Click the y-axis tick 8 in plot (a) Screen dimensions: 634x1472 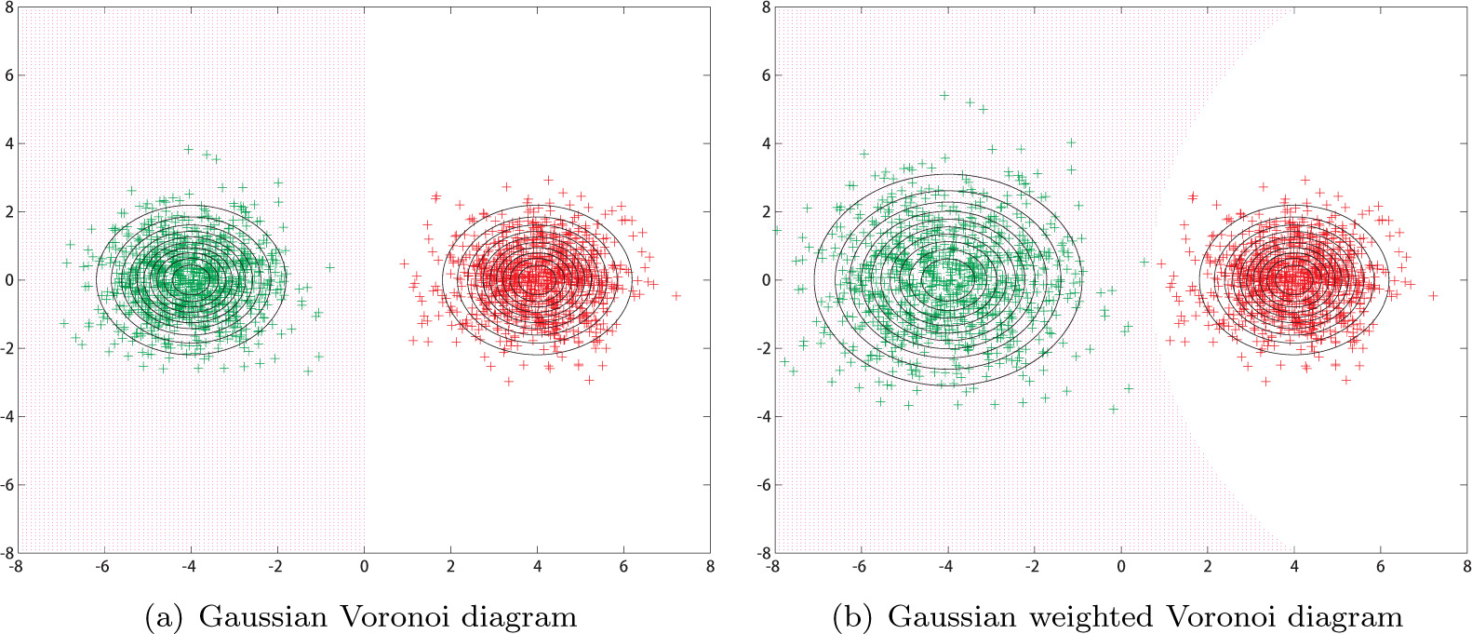click(x=8, y=7)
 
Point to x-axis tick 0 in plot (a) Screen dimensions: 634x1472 click(x=364, y=565)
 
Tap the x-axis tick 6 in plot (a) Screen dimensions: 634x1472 click(x=623, y=565)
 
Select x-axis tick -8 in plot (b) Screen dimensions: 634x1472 click(x=771, y=565)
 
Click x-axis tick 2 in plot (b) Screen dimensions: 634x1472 click(x=1208, y=565)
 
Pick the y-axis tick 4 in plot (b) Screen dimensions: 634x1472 click(x=766, y=143)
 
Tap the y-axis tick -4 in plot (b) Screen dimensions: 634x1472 click(x=763, y=416)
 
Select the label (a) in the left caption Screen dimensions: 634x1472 click(x=165, y=617)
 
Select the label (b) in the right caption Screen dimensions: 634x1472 click(x=853, y=617)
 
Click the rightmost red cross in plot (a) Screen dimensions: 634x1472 click(x=676, y=295)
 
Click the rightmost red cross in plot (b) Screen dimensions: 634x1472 click(x=1433, y=295)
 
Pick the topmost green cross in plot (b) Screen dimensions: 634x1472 click(x=943, y=95)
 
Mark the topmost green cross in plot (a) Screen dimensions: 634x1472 click(x=188, y=149)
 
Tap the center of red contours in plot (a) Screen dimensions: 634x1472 click(x=537, y=277)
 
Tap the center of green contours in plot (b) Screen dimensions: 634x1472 click(x=947, y=277)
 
